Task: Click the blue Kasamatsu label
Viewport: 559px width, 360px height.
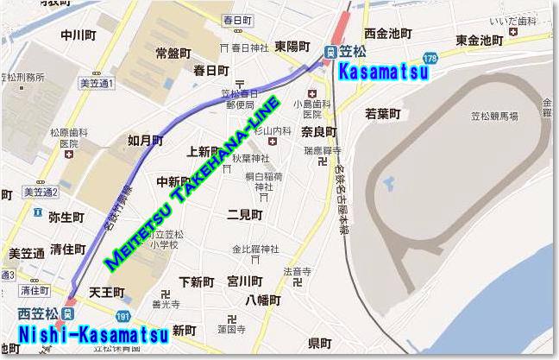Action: click(x=383, y=73)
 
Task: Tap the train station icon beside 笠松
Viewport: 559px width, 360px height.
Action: click(x=330, y=52)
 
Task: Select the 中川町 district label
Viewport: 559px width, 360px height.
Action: click(x=78, y=35)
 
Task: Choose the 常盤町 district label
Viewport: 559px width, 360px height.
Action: click(x=173, y=53)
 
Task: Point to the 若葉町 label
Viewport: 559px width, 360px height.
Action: click(x=383, y=113)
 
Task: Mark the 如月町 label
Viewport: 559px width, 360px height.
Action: click(x=144, y=139)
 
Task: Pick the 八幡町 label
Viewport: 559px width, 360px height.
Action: click(x=263, y=300)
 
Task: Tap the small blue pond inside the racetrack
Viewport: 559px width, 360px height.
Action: click(x=387, y=184)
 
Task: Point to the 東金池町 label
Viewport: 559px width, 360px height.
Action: click(x=480, y=40)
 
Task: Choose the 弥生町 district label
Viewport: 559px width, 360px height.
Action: click(x=66, y=217)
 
